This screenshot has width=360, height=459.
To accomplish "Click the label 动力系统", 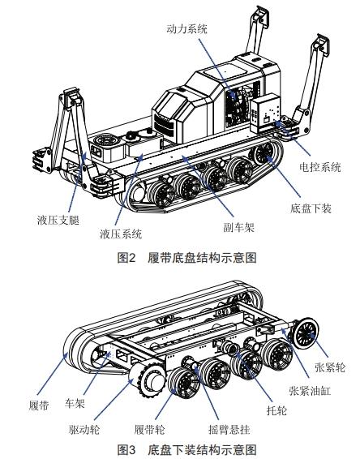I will coord(186,28).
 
